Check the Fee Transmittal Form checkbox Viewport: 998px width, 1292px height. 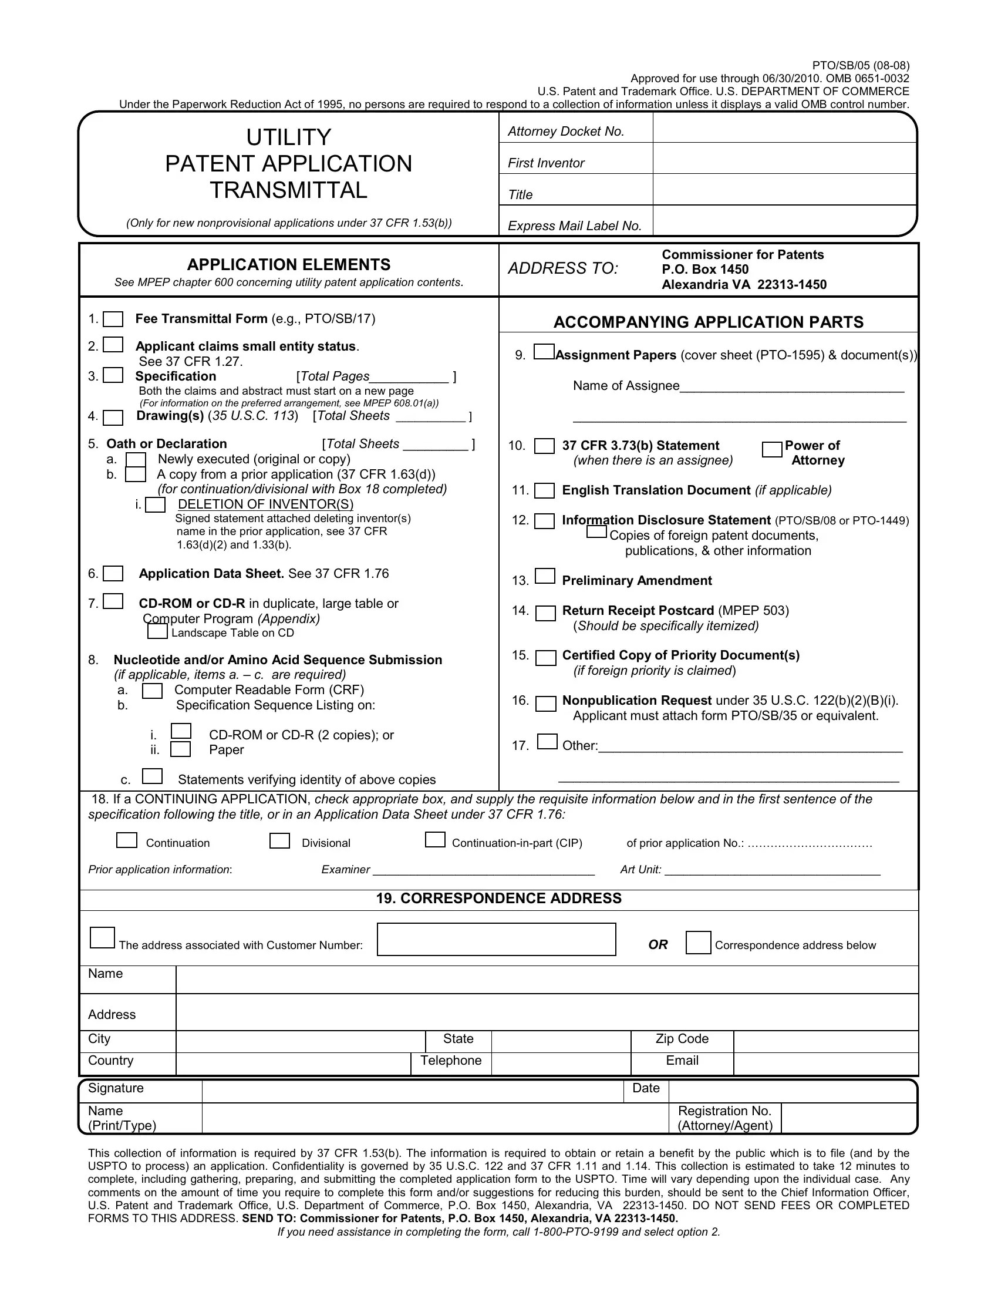pos(113,319)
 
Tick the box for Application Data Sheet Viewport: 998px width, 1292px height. pos(113,574)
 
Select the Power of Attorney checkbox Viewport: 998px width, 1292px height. pos(772,450)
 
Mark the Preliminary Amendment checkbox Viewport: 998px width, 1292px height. pos(545,576)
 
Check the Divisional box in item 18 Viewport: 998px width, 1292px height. pos(279,840)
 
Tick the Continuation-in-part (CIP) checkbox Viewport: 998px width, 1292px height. pos(435,839)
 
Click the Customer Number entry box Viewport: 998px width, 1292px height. pos(496,940)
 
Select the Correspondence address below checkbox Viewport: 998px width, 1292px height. pos(698,943)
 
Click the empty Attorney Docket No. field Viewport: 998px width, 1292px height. pos(784,129)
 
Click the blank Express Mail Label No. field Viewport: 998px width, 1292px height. pos(784,221)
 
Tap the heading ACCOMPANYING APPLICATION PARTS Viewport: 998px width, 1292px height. pos(709,322)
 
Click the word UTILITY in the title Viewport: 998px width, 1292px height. pos(288,137)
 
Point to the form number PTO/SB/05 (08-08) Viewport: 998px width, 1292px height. pos(860,66)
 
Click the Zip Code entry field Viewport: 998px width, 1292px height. pos(825,1039)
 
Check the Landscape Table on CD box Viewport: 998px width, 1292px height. pos(157,632)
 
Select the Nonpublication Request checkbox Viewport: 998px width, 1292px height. pos(545,704)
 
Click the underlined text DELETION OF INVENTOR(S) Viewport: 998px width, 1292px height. pos(265,504)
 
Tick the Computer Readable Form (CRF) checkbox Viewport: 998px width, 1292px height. pos(153,691)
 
